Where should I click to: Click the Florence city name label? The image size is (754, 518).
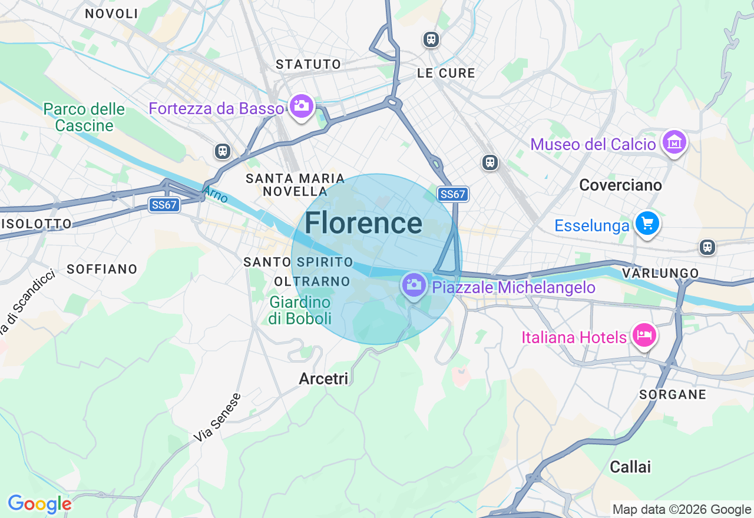point(363,224)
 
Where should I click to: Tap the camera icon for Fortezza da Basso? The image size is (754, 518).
point(302,106)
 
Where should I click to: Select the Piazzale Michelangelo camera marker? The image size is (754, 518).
point(414,285)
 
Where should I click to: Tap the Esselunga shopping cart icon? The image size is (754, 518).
point(647,224)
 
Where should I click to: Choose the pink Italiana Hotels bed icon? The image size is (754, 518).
point(644,335)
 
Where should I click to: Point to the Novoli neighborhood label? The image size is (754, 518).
point(111,14)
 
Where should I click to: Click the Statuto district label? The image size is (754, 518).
point(308,64)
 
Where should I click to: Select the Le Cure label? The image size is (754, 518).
point(446,73)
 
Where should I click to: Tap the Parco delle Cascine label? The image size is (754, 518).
point(84,117)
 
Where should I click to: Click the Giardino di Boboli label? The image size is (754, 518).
point(300,310)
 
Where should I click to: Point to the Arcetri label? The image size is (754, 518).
point(324,378)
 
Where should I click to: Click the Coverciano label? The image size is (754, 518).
point(620,185)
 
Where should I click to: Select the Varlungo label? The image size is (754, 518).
point(660,273)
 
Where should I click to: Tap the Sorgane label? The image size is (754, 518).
point(673,394)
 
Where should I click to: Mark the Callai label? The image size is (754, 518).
point(630,467)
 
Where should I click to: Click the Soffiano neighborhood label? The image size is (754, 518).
point(102,269)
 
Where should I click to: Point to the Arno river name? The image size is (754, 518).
point(215,194)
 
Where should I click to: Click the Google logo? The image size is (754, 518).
point(39,504)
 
